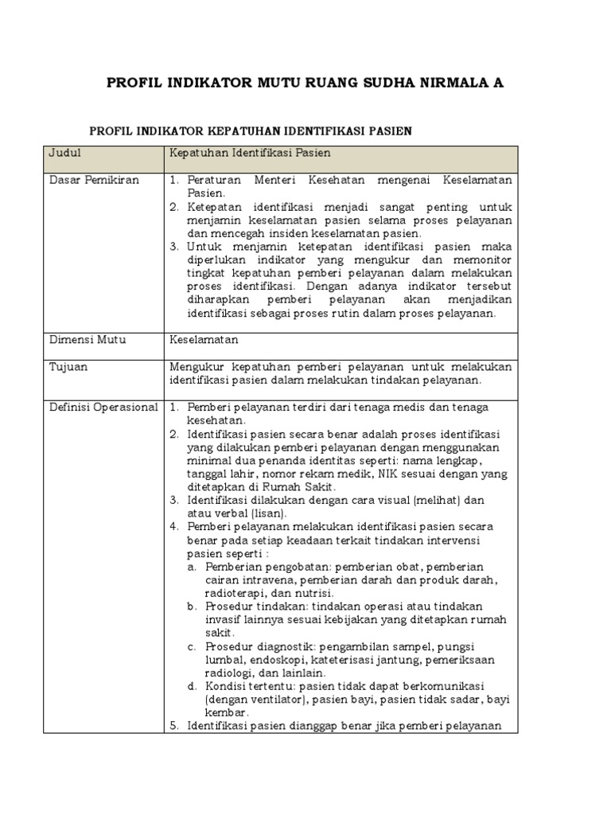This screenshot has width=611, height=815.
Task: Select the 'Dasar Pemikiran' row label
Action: point(94,180)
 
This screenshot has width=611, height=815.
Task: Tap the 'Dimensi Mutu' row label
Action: point(88,340)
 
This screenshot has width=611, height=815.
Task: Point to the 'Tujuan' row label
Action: point(68,367)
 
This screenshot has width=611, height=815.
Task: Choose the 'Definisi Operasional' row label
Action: point(103,407)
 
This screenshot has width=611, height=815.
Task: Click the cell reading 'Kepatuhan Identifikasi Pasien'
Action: point(250,152)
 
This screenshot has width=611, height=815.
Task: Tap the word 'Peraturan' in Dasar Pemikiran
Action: point(216,180)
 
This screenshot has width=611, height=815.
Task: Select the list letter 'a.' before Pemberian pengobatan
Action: point(193,567)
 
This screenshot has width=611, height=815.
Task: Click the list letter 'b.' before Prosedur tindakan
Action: point(193,606)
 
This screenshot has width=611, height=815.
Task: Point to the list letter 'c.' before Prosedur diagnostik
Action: point(193,646)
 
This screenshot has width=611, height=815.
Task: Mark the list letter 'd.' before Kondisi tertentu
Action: point(193,686)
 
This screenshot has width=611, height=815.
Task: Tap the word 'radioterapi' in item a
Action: point(235,593)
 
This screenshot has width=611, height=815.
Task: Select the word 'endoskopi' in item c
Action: point(281,660)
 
